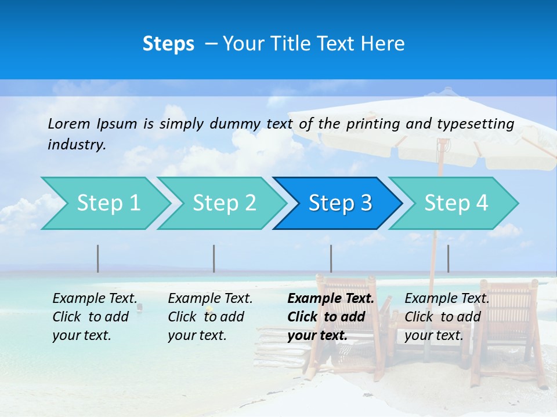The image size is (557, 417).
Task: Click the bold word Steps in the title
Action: pos(168,44)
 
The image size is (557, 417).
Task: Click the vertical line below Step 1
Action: pos(97,258)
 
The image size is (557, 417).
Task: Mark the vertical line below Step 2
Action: pos(214,258)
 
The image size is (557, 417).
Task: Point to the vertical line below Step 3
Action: pos(331,258)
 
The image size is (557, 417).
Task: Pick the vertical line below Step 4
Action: pos(448,258)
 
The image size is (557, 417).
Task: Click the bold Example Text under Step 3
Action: pos(331,299)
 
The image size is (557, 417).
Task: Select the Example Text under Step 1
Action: pos(95,299)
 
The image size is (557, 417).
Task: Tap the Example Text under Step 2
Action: pos(210,299)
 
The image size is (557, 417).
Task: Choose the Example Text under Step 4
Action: pos(447,299)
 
